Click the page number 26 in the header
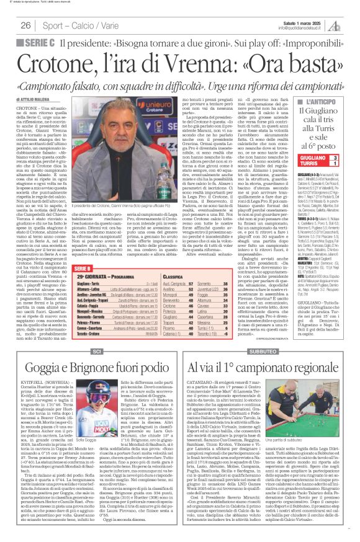click(x=25, y=25)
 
